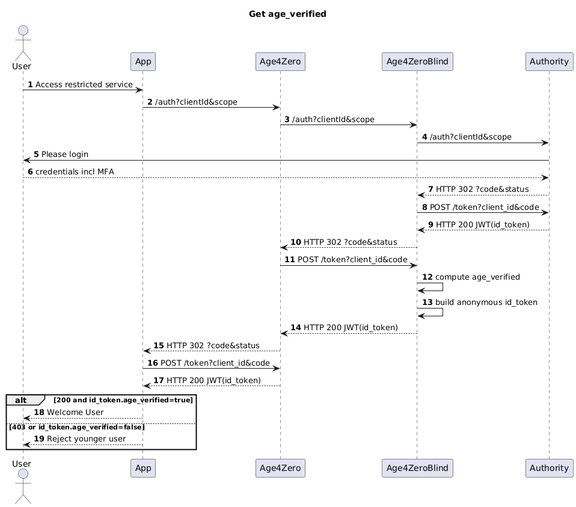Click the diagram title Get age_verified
tap(287, 14)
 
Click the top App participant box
tap(142, 61)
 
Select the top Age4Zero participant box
tap(280, 61)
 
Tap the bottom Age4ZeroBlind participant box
tap(417, 467)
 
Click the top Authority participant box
tap(549, 61)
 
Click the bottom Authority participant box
tap(549, 467)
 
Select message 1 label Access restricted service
tap(84, 85)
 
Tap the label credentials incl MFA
tap(75, 172)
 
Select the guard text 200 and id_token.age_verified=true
tap(123, 400)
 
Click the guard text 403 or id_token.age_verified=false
tap(77, 427)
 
